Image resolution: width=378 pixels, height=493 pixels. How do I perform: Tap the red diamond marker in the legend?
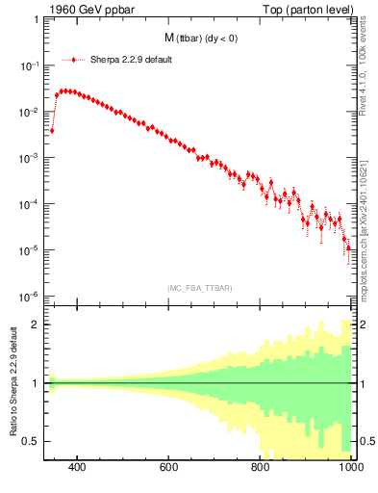pos(76,59)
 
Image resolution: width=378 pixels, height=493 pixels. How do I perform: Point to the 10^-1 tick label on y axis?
pos(30,65)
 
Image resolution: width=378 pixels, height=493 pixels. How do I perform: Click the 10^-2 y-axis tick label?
pos(30,112)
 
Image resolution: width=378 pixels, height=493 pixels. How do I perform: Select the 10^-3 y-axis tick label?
pos(30,158)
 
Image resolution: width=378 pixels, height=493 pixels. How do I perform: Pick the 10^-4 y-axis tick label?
pos(30,204)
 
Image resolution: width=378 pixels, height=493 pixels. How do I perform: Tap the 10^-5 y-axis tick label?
pos(30,250)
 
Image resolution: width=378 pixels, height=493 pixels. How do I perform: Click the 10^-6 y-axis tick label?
pos(30,297)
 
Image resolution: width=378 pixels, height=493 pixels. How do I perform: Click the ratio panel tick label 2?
pos(36,324)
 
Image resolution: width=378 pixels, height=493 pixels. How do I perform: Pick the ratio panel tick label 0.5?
pos(32,441)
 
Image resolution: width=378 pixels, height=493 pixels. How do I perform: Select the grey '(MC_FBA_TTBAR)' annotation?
pos(198,287)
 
